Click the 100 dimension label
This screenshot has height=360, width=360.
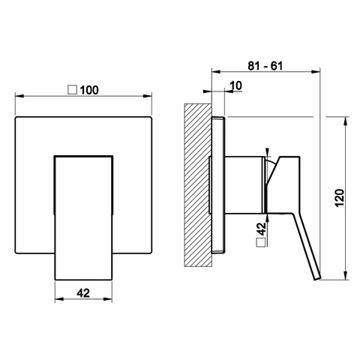point(89,90)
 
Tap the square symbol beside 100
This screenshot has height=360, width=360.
point(73,90)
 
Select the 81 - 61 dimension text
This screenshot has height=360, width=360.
point(265,66)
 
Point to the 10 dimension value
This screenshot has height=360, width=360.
point(236,85)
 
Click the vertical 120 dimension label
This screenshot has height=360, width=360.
point(340,198)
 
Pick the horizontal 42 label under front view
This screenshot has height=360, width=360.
point(83,293)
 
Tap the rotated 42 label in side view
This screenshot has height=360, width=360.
point(261,229)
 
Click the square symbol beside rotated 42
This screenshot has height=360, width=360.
point(261,242)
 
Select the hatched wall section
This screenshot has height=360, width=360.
point(198,185)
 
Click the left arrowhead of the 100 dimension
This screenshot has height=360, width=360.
point(19,96)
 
